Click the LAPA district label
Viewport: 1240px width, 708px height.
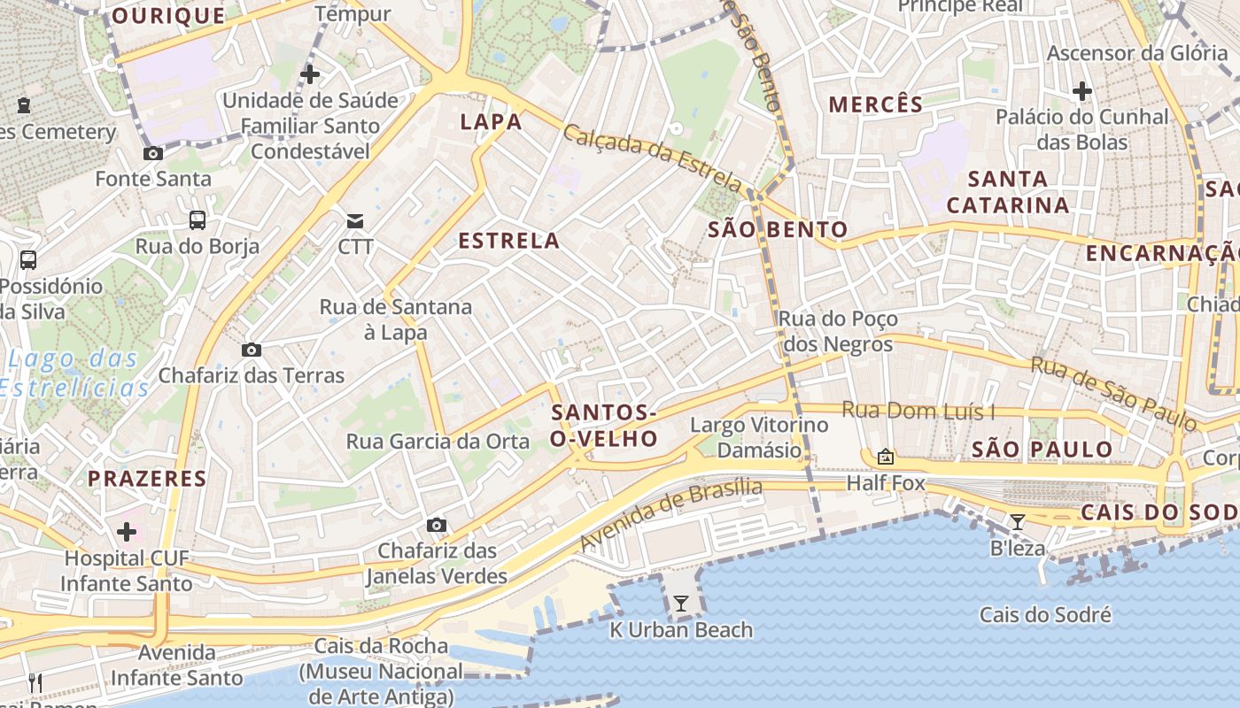point(491,121)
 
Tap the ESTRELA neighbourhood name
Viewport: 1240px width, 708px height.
point(509,241)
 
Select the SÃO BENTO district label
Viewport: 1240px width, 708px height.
point(779,230)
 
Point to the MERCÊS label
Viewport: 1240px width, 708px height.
point(876,104)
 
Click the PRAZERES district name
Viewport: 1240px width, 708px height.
point(147,479)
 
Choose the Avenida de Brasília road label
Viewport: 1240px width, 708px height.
point(670,513)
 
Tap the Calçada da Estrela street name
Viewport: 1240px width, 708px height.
point(653,158)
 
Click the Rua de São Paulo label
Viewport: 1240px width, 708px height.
point(1113,394)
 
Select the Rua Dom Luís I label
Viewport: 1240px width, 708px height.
point(918,411)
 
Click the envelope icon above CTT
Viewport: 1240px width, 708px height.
point(355,220)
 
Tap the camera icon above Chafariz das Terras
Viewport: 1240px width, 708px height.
point(252,350)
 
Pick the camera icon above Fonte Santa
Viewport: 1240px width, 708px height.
point(153,153)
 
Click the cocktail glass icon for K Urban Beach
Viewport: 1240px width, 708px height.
point(681,604)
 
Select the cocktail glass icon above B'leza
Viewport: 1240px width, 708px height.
point(1018,522)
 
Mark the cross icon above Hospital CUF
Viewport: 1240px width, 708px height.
point(128,532)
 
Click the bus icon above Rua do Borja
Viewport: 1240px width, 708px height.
point(198,220)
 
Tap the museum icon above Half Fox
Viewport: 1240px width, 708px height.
point(885,457)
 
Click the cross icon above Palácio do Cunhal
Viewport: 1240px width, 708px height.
point(1081,90)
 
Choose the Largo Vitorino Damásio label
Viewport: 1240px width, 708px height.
point(759,437)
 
